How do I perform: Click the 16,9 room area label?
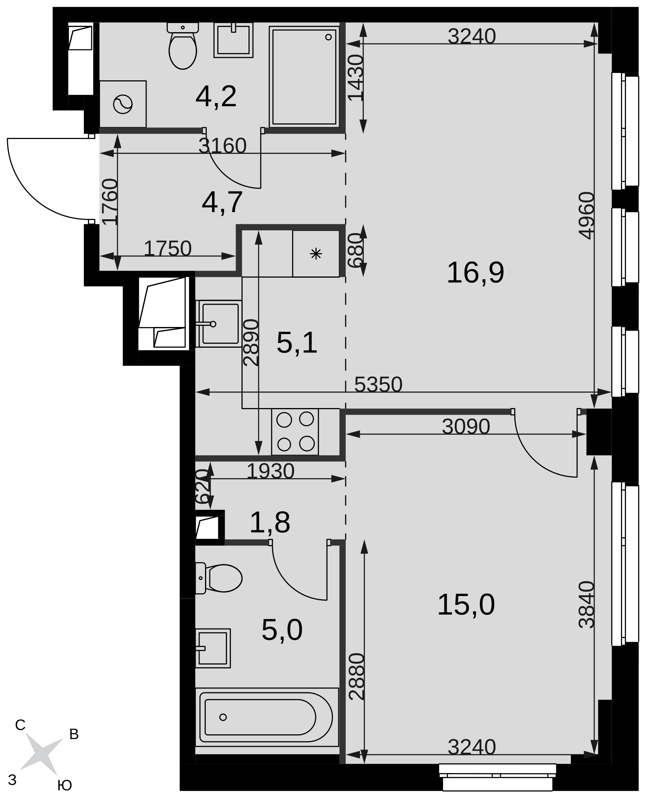pos(475,273)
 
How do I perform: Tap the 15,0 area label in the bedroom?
pos(466,605)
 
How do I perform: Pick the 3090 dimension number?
pos(466,426)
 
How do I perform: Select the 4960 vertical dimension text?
pos(587,215)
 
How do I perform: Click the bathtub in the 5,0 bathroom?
pos(267,717)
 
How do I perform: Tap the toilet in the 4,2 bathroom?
pos(183,46)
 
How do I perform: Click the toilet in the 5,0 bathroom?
pos(219,578)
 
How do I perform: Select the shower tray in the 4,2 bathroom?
pos(304,76)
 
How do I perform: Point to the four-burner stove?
pos(295,432)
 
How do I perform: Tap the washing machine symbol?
pos(123,104)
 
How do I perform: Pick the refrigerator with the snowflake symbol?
pos(316,253)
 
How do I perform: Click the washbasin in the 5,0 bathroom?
pos(213,648)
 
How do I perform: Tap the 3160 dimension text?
pos(222,146)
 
